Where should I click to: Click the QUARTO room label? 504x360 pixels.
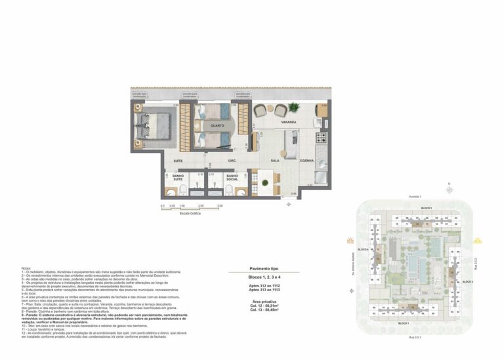click(217, 125)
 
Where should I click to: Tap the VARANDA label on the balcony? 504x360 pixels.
click(289, 123)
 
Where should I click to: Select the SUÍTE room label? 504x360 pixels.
click(178, 160)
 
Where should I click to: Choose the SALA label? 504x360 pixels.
click(275, 161)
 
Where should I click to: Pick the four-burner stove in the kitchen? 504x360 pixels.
click(321, 138)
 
